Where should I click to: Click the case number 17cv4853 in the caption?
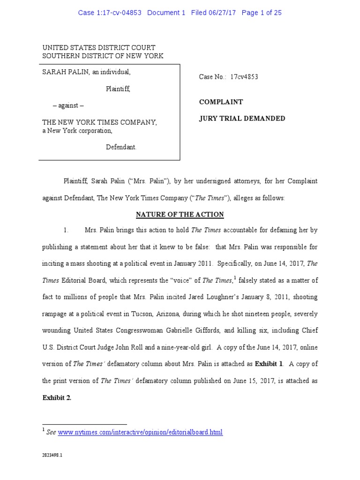pyautogui.click(x=244, y=77)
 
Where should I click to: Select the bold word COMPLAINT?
pyautogui.click(x=221, y=102)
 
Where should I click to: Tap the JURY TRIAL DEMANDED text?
pyautogui.click(x=242, y=119)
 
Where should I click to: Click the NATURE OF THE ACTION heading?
pyautogui.click(x=180, y=215)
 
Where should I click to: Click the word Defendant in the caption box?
pyautogui.click(x=121, y=147)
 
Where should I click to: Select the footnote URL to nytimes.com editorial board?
pyautogui.click(x=140, y=432)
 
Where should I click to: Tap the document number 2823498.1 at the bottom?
pyautogui.click(x=52, y=455)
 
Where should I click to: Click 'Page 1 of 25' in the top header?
pyautogui.click(x=262, y=13)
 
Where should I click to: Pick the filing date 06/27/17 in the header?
pyautogui.click(x=223, y=13)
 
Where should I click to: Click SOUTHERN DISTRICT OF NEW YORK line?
pyautogui.click(x=103, y=56)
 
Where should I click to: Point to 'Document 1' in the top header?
pyautogui.click(x=166, y=13)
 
